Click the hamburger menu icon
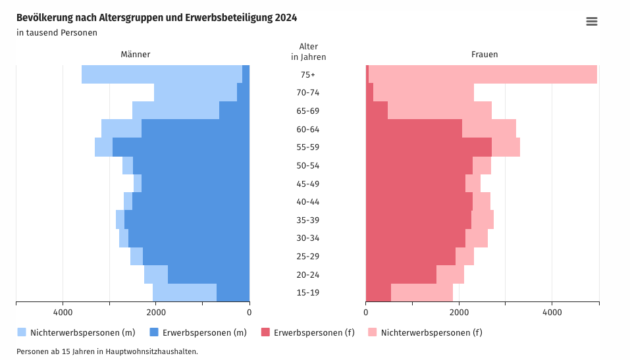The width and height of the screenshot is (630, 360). (x=591, y=21)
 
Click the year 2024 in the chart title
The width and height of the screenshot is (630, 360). (x=286, y=18)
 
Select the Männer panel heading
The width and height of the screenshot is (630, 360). (x=136, y=54)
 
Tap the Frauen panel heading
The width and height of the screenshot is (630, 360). (x=485, y=54)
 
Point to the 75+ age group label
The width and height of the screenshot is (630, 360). (x=308, y=75)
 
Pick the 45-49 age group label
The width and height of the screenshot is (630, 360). (x=308, y=184)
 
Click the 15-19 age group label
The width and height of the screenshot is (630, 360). (x=308, y=292)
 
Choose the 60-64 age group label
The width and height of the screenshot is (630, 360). (x=308, y=130)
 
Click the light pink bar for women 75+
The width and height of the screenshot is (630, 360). (x=483, y=74)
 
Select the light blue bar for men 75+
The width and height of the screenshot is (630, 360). (x=162, y=74)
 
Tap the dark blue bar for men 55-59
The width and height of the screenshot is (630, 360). (x=181, y=147)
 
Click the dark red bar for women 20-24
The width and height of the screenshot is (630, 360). (x=401, y=274)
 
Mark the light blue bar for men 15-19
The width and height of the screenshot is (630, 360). (x=184, y=292)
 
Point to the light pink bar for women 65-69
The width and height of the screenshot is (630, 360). (x=440, y=111)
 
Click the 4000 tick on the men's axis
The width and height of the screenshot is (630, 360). (x=63, y=312)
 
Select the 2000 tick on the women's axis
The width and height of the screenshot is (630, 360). (x=459, y=312)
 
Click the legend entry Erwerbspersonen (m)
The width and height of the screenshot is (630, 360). (x=198, y=332)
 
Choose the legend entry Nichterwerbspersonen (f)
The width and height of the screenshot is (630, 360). (x=425, y=332)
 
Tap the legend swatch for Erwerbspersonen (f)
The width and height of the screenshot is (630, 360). (x=265, y=332)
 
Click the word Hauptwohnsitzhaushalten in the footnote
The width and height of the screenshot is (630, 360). (x=151, y=351)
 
